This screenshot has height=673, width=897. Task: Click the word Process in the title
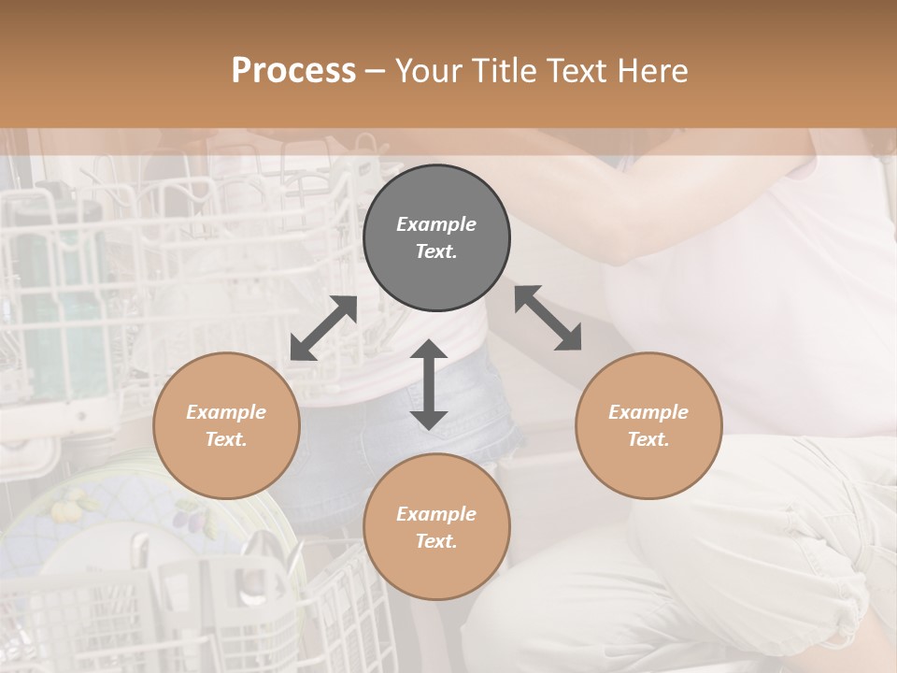coord(293,71)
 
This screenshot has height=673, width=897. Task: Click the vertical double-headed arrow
coord(429,384)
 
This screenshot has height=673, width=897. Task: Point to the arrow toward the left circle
coord(324,328)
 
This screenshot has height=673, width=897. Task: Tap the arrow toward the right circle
coord(548,318)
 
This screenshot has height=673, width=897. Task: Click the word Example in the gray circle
coord(436,224)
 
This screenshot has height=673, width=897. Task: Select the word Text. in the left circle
coord(226,439)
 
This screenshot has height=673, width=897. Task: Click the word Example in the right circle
coord(648,412)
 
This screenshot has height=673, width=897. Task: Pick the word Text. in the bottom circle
coord(436,541)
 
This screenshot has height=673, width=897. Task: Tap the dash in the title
coord(376,71)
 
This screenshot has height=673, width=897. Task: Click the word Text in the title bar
coord(576,71)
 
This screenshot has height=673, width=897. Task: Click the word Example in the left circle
coord(226,412)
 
